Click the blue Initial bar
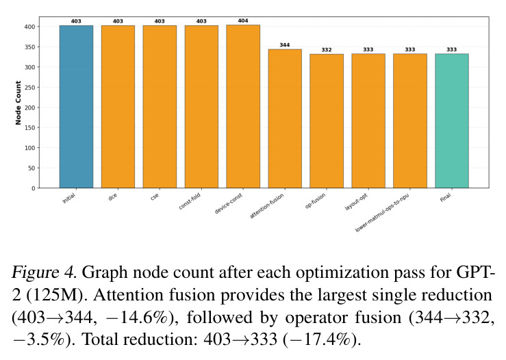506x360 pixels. click(76, 107)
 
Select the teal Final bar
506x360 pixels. click(452, 120)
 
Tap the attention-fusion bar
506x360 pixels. click(285, 118)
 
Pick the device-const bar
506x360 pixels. click(243, 106)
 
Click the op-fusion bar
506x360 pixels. click(327, 121)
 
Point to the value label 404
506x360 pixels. click(243, 21)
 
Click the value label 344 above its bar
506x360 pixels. click(285, 45)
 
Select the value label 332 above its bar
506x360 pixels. click(327, 50)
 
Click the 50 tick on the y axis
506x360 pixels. click(31, 168)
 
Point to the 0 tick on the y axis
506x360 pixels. click(34, 188)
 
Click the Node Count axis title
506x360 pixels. click(18, 103)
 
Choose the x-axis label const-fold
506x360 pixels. click(190, 201)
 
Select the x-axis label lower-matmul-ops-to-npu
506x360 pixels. click(382, 213)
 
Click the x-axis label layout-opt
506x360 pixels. click(356, 202)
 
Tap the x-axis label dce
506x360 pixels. click(112, 197)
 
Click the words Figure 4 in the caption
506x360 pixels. click(45, 273)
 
